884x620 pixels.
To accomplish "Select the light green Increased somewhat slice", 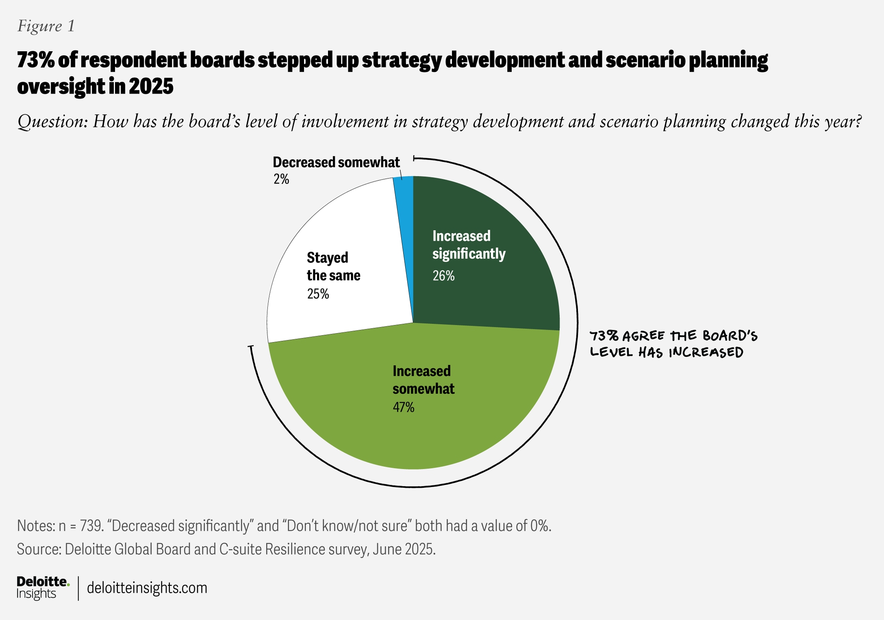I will click(415, 431).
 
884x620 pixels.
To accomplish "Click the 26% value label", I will click(443, 276).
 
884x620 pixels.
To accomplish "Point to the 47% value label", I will click(403, 407).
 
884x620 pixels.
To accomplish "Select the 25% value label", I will click(318, 294).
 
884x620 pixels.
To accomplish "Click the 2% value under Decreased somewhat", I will click(281, 179).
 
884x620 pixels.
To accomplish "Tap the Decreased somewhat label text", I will click(336, 162).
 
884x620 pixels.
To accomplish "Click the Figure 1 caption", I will click(46, 26).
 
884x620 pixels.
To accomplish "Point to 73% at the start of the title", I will click(35, 60).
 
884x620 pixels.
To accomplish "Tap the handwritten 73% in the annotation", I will click(604, 336).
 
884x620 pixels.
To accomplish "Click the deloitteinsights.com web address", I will click(147, 588).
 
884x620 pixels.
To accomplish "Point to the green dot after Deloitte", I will click(68, 585).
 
